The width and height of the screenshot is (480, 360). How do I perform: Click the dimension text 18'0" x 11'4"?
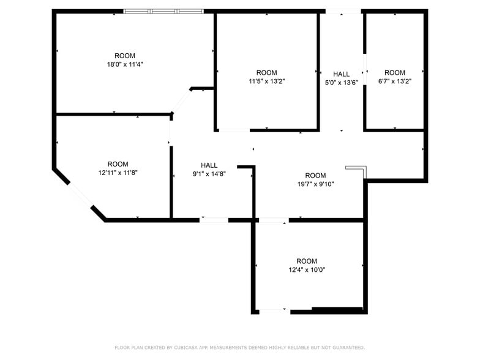click(x=125, y=64)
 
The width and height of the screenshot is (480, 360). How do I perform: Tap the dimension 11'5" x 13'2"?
click(x=266, y=81)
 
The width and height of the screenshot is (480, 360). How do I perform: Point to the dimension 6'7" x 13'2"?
click(x=395, y=81)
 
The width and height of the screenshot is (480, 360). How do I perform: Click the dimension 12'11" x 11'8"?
click(x=118, y=173)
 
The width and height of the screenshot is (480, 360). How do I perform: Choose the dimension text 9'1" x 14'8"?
click(x=209, y=174)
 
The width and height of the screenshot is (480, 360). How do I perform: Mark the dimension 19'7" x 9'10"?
click(x=315, y=184)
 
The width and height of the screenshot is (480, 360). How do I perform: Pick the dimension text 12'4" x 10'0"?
click(x=307, y=269)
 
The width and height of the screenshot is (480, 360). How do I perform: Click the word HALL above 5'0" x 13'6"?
click(x=341, y=74)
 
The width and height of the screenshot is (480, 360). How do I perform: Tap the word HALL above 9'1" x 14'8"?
click(x=209, y=165)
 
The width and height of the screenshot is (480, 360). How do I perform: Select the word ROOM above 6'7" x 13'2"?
click(x=395, y=72)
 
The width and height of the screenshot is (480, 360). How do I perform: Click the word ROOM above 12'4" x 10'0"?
click(x=307, y=261)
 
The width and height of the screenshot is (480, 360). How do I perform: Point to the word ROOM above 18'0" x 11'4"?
click(x=125, y=56)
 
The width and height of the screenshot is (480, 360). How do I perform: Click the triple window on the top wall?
click(x=163, y=11)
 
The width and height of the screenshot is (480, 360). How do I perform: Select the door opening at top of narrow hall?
click(x=342, y=11)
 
